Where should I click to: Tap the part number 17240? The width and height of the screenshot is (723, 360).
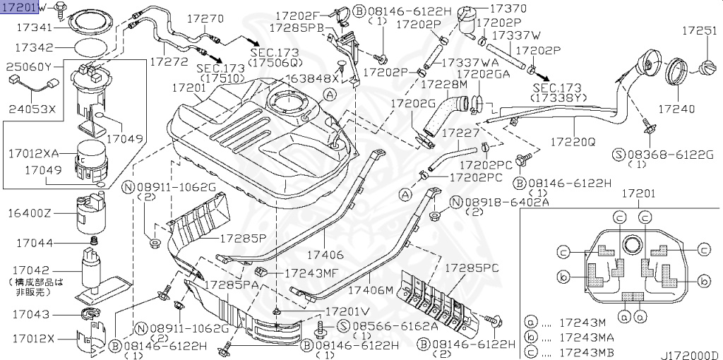[x=676, y=109]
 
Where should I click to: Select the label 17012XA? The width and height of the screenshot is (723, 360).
[x=36, y=152]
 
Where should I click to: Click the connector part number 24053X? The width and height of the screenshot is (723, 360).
[x=31, y=109]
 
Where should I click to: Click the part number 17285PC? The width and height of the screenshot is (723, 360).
[x=472, y=268]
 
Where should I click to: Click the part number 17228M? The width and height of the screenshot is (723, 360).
[x=444, y=83]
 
